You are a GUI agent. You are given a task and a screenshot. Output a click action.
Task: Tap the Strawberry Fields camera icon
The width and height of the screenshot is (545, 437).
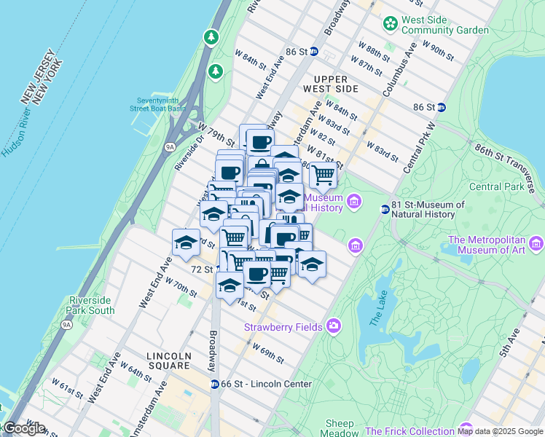pyautogui.click(x=334, y=325)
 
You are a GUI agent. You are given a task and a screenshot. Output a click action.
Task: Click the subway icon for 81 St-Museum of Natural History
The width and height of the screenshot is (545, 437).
pyautogui.click(x=385, y=210)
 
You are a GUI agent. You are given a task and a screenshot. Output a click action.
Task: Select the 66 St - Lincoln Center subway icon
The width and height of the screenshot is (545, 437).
pyautogui.click(x=214, y=384)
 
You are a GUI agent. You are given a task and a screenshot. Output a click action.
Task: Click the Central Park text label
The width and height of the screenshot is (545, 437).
pyautogui.click(x=495, y=186)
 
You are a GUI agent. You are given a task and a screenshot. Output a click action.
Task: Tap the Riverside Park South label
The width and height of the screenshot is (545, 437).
pyautogui.click(x=92, y=305)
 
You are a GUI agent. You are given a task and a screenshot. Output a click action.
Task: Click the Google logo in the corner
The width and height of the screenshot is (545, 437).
pyautogui.click(x=24, y=428)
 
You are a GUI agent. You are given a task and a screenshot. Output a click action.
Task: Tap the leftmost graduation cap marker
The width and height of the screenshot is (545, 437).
pyautogui.click(x=186, y=243)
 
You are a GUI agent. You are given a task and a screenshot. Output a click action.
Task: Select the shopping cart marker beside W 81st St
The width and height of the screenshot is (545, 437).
pyautogui.click(x=323, y=174)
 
